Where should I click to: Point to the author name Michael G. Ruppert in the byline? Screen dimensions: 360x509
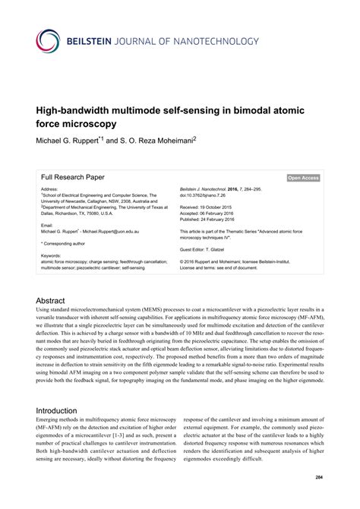click(71, 140)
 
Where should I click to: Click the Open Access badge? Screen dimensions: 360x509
click(302, 178)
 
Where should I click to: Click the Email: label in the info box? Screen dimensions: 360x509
click(48, 225)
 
